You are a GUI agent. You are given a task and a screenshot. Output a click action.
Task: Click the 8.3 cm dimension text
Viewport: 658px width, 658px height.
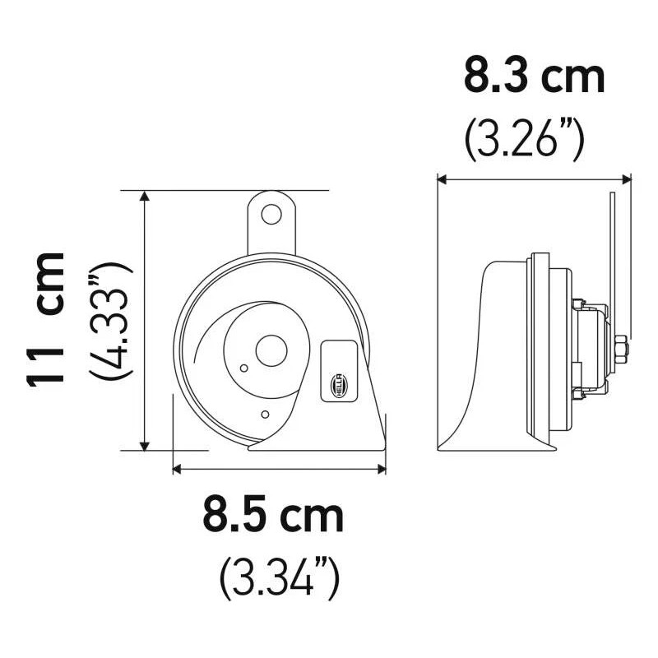tap(534, 76)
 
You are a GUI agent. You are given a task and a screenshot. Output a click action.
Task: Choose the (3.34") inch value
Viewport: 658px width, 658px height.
tap(279, 577)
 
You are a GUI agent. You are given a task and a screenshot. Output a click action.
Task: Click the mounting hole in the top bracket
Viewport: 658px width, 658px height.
tap(271, 214)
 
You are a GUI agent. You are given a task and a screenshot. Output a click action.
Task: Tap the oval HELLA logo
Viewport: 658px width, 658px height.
tap(339, 383)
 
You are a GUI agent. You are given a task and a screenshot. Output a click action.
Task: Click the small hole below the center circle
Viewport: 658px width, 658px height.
tap(264, 414)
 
